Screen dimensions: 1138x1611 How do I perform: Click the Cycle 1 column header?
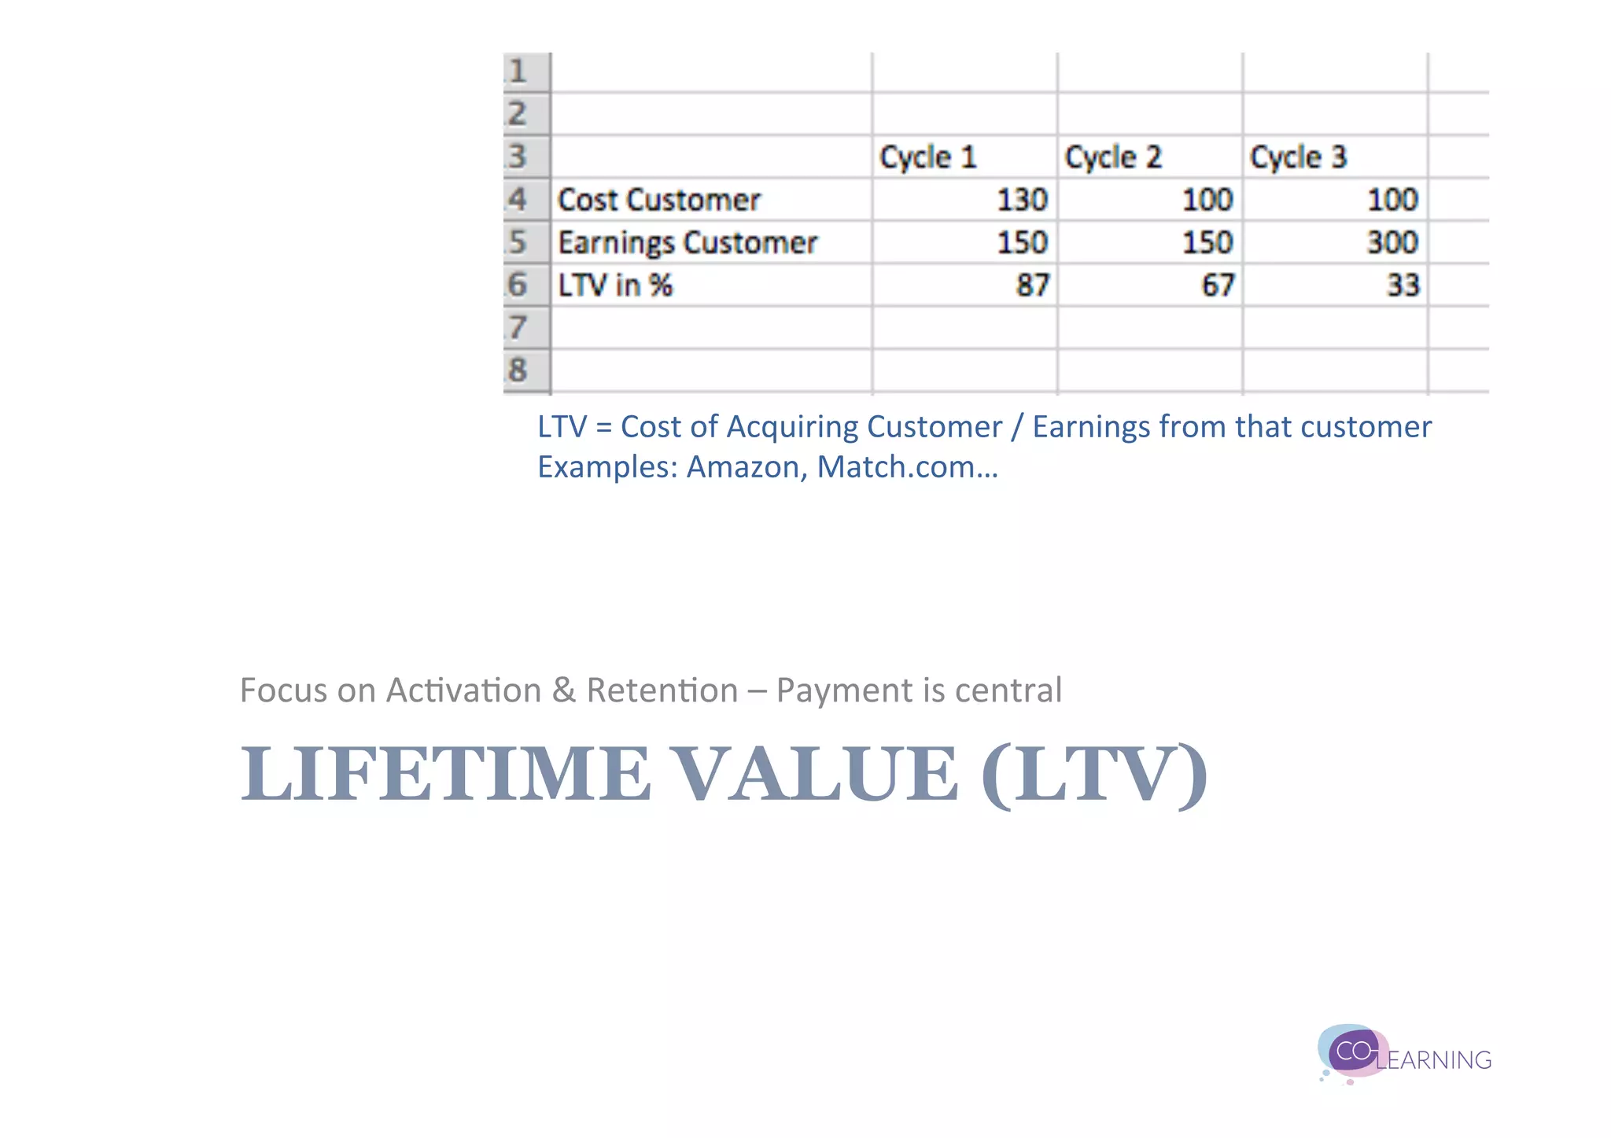pyautogui.click(x=928, y=157)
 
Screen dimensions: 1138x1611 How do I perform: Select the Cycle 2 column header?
pyautogui.click(x=1113, y=157)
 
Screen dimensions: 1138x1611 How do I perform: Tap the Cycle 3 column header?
pyautogui.click(x=1299, y=157)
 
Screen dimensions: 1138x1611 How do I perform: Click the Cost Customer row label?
pyautogui.click(x=659, y=200)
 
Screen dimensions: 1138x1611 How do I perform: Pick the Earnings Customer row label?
pyautogui.click(x=688, y=242)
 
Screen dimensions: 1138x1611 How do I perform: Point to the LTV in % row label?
pyautogui.click(x=615, y=285)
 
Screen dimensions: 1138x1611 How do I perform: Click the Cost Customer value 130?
pyautogui.click(x=1022, y=200)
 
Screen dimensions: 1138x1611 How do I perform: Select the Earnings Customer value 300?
pyautogui.click(x=1392, y=242)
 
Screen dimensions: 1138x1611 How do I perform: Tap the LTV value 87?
pyautogui.click(x=1032, y=285)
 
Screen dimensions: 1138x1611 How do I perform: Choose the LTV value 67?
pyautogui.click(x=1218, y=285)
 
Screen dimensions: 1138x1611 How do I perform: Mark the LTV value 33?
pyautogui.click(x=1403, y=285)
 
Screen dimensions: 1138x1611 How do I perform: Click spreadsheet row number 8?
pyautogui.click(x=518, y=370)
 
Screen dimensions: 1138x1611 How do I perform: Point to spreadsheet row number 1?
pyautogui.click(x=518, y=72)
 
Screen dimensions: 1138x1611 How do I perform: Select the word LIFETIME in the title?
pyautogui.click(x=445, y=775)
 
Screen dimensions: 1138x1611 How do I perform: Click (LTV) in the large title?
pyautogui.click(x=1093, y=775)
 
